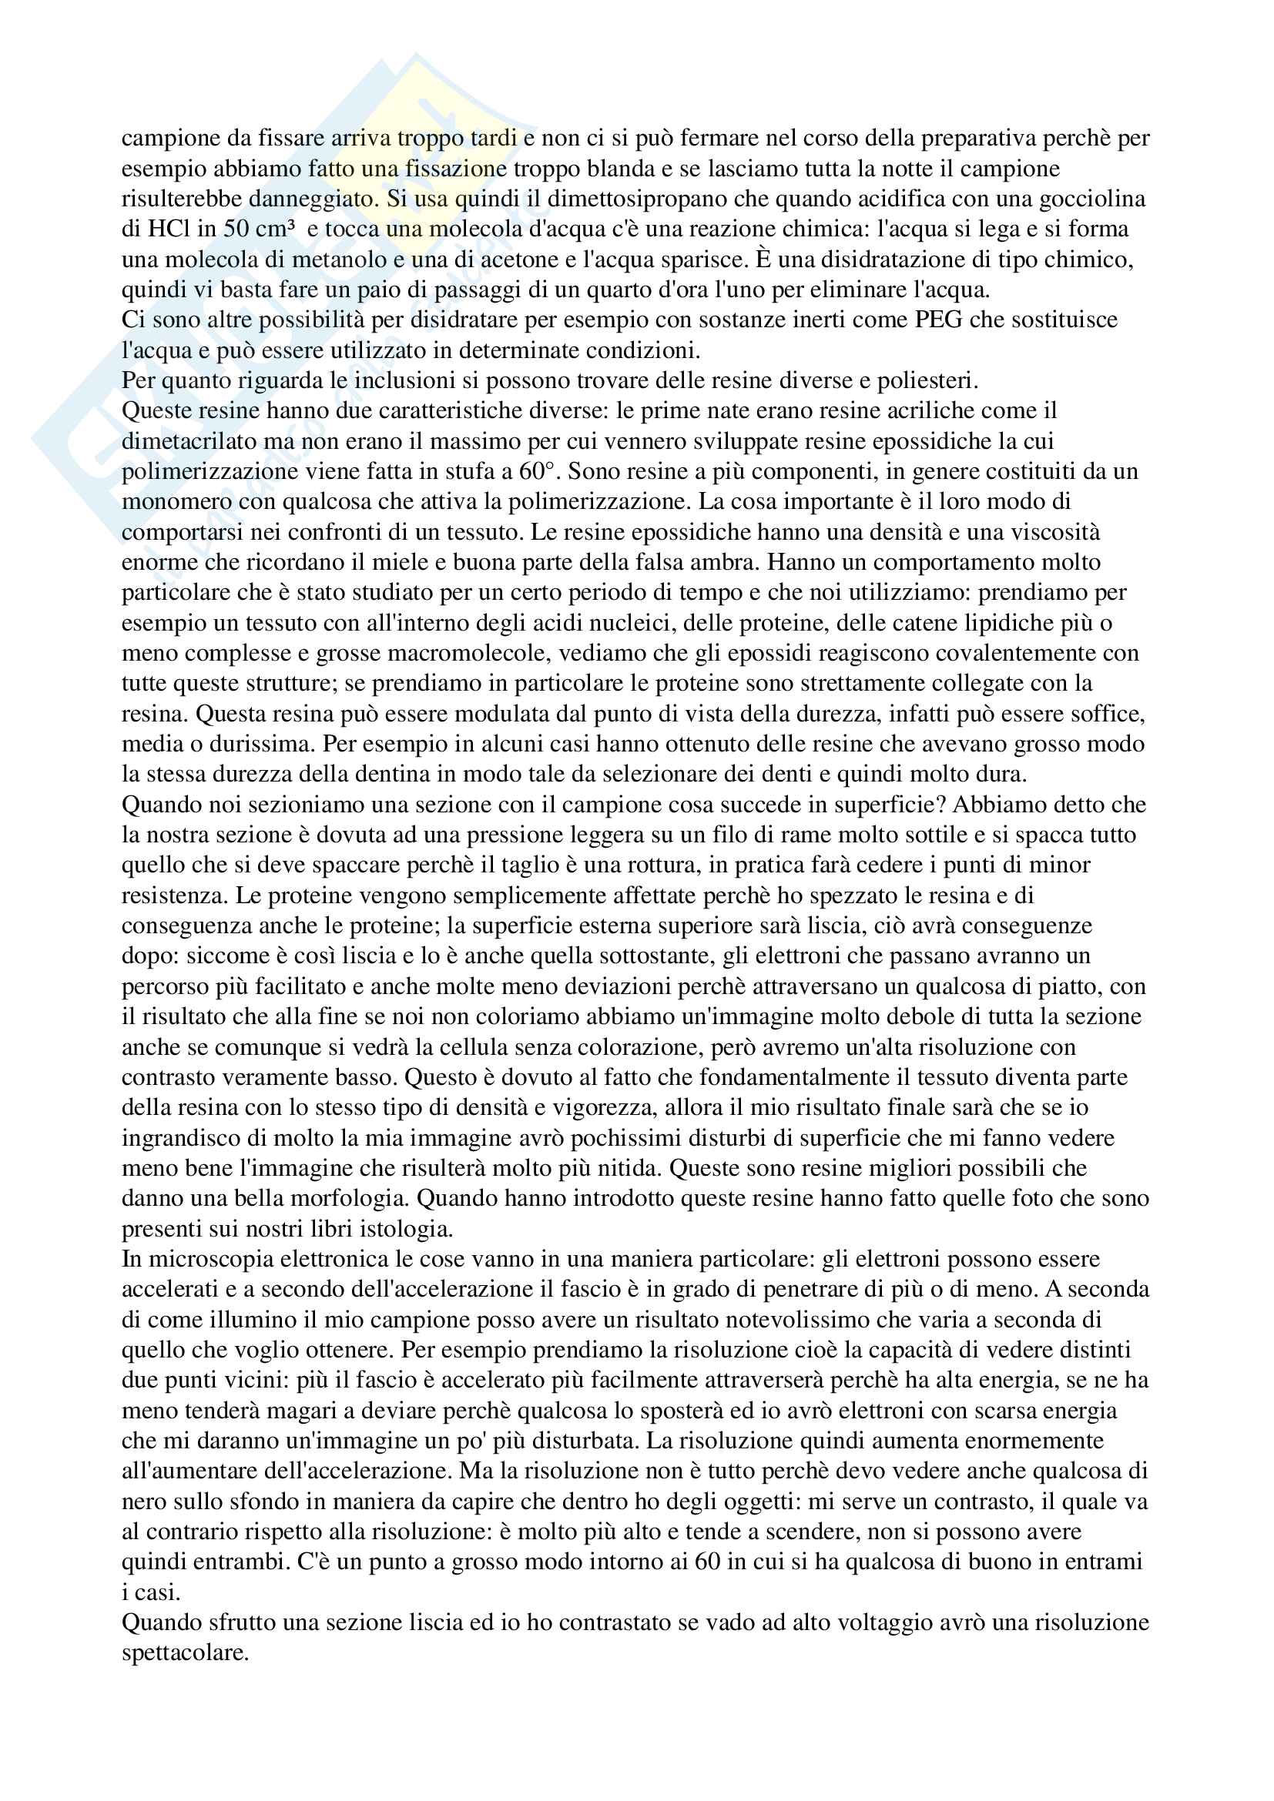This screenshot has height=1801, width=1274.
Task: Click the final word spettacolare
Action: [x=185, y=1653]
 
